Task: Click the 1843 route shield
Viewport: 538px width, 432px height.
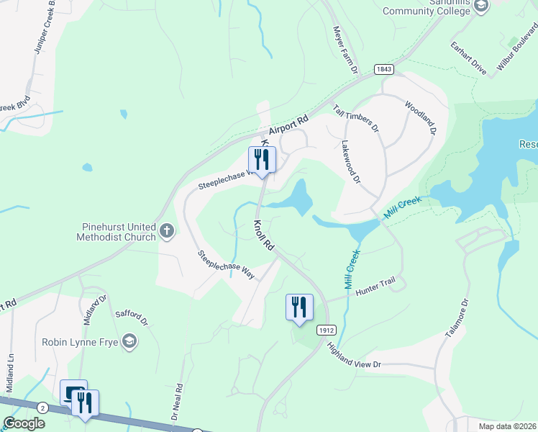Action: tap(383, 69)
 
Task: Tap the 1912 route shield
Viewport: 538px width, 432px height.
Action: tap(325, 329)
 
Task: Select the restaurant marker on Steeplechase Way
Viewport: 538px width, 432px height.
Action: tap(261, 160)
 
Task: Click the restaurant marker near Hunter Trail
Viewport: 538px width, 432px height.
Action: tap(298, 307)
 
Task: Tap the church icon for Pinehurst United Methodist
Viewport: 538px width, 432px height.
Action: tap(167, 231)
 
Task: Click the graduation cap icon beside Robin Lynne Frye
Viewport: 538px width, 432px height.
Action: tap(129, 341)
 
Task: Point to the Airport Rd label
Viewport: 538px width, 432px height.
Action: tap(288, 125)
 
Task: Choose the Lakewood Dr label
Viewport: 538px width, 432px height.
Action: tap(351, 162)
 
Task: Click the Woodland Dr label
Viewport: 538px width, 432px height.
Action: tap(421, 117)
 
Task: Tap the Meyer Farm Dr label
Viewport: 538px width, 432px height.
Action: tap(345, 50)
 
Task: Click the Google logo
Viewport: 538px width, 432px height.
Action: tap(24, 423)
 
